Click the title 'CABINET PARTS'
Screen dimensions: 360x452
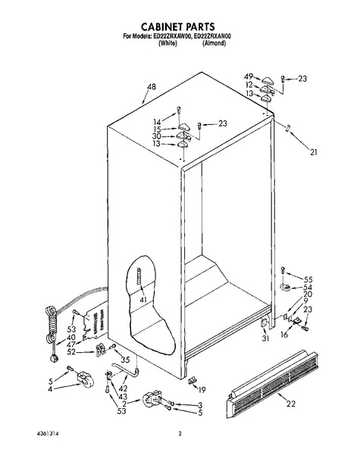coord(177,26)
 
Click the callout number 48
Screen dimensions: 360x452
coord(151,86)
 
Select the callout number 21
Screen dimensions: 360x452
coord(314,151)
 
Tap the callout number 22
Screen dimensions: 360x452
coord(291,404)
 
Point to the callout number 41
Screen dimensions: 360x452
coord(143,300)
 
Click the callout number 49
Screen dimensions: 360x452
coord(249,76)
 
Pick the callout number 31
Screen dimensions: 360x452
coord(265,338)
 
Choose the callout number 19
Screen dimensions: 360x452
coord(202,390)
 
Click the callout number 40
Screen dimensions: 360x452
coord(71,337)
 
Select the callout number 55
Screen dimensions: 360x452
coord(308,279)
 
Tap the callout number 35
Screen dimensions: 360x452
coord(125,360)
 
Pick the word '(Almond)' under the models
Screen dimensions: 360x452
coord(214,43)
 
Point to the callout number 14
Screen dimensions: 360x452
coord(157,122)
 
